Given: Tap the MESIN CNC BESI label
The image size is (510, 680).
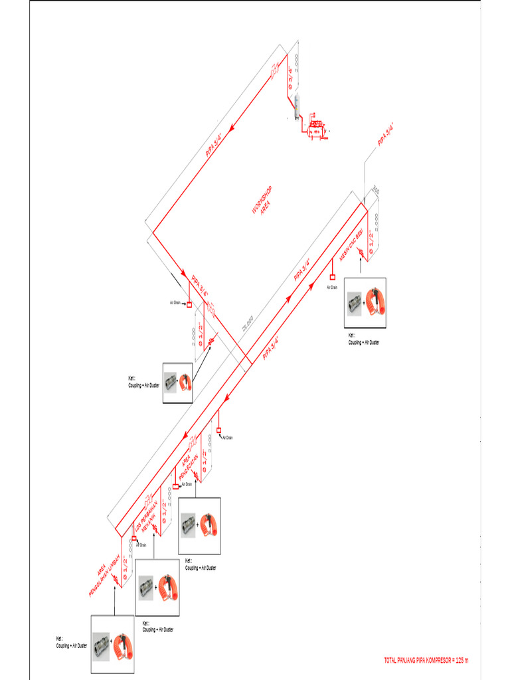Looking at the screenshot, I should (x=351, y=246).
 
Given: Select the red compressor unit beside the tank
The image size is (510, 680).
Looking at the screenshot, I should (x=315, y=127).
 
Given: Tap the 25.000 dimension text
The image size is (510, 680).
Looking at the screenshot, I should (x=248, y=322).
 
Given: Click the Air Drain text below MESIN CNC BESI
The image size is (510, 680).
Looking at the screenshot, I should (x=332, y=288).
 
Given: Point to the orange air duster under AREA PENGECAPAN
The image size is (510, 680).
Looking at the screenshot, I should (x=210, y=526).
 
